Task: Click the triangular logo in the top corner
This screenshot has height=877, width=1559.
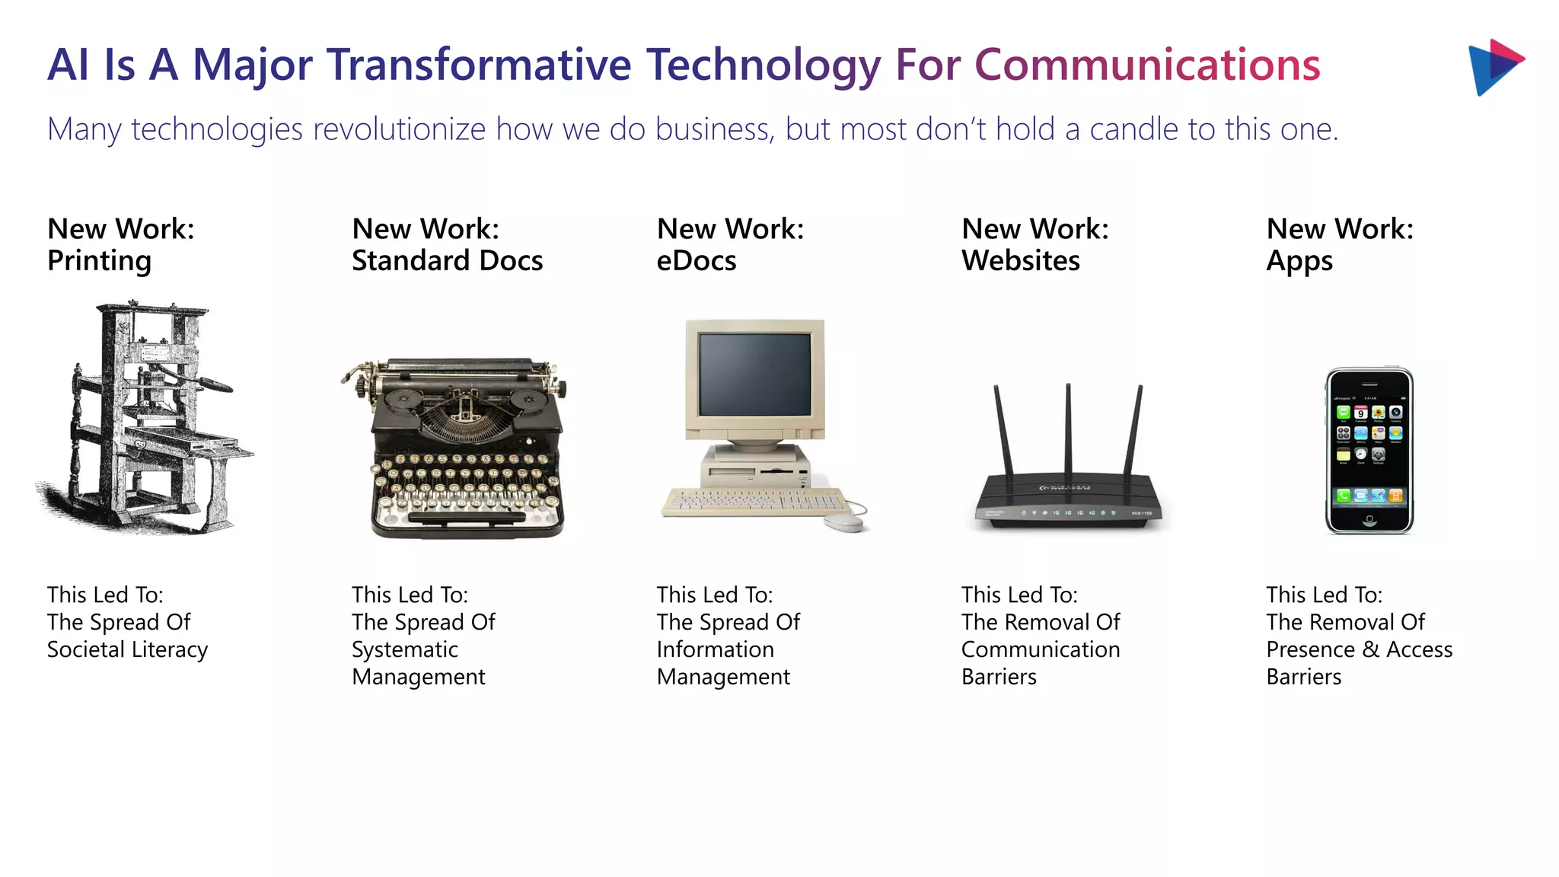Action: (1493, 67)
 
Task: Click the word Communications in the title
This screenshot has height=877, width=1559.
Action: (1147, 65)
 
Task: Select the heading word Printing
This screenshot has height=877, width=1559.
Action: (99, 261)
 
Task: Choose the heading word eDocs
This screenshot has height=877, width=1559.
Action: (696, 261)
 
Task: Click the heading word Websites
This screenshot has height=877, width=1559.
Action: (1020, 261)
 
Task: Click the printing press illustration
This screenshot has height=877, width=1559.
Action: (145, 419)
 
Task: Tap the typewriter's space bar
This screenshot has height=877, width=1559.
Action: (467, 517)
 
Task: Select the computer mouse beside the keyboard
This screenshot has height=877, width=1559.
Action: (843, 522)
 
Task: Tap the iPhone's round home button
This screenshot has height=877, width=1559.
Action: (1369, 519)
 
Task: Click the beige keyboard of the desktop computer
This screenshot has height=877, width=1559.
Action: (754, 501)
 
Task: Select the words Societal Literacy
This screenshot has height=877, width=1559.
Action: (127, 649)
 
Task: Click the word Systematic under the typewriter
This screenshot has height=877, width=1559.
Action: (404, 649)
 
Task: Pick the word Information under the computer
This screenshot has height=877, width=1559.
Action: (715, 649)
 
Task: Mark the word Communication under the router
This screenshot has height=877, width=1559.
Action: (1040, 649)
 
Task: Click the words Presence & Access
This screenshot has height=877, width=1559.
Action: (1359, 649)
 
